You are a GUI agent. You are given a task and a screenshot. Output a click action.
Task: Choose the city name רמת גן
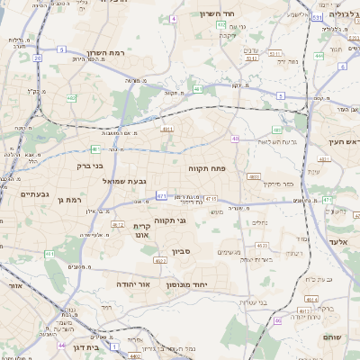point(69,199)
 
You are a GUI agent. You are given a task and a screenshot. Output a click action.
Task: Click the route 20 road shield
point(38,58)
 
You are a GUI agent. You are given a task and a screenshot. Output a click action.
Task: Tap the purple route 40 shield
point(235,139)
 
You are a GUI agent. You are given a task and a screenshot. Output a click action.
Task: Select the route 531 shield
point(317,17)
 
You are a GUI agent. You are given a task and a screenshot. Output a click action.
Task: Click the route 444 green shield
point(319,55)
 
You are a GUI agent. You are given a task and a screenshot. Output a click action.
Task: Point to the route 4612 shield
point(117,224)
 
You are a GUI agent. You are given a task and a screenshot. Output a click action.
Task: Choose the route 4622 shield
point(160,261)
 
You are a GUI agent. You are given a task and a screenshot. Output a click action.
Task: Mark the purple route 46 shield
point(278,320)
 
